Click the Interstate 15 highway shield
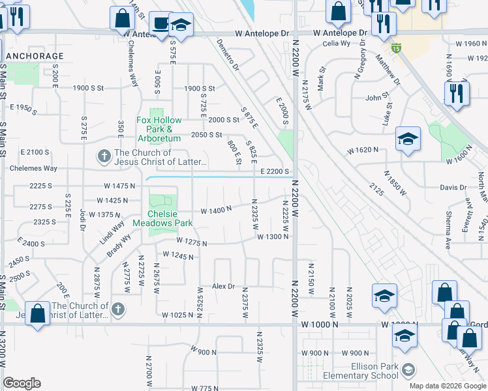pyautogui.click(x=396, y=48)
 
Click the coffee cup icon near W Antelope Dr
pyautogui.click(x=159, y=22)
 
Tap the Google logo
pyautogui.click(x=22, y=383)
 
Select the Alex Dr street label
pyautogui.click(x=223, y=287)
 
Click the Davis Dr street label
pyautogui.click(x=453, y=187)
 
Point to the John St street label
pyautogui.click(x=377, y=98)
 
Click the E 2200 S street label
pyautogui.click(x=274, y=171)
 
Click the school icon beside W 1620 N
pyautogui.click(x=408, y=139)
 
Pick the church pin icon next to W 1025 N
pyautogui.click(x=117, y=308)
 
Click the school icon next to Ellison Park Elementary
pyautogui.click(x=408, y=371)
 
